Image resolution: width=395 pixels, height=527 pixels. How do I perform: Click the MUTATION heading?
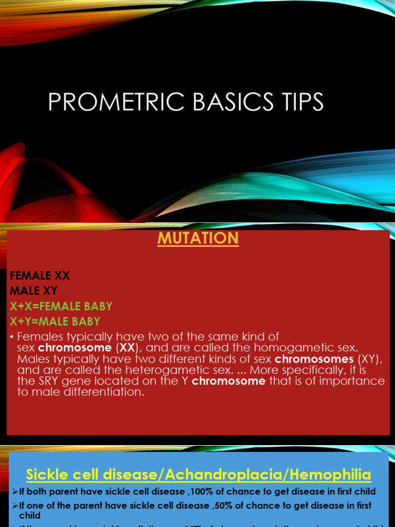[197, 238]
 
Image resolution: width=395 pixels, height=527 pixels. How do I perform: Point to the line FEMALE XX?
[40, 276]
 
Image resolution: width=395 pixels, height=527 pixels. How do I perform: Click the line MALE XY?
[33, 291]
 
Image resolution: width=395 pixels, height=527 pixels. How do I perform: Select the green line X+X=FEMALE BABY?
[61, 306]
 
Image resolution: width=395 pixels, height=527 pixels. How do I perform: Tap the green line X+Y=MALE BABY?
[55, 321]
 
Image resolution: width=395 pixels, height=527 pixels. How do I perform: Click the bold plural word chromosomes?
[314, 359]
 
